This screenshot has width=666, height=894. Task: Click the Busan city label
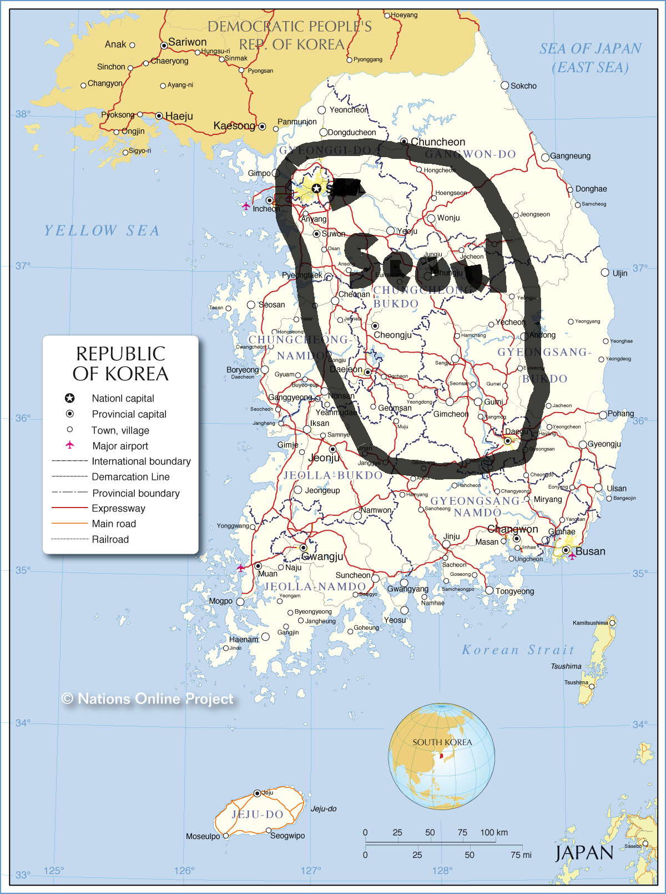click(590, 551)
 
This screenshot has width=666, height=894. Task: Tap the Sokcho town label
click(523, 86)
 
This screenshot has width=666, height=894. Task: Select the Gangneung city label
click(570, 156)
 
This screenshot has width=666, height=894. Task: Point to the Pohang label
click(620, 414)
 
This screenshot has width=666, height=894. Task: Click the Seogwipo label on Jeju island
click(287, 836)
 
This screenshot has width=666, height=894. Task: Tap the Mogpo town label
click(220, 601)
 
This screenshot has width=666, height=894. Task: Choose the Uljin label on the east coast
click(620, 273)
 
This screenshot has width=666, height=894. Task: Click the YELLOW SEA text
click(102, 230)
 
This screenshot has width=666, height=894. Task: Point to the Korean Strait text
click(518, 650)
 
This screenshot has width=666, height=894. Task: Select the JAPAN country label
click(584, 853)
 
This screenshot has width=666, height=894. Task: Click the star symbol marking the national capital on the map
click(316, 189)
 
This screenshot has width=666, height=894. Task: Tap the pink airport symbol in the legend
click(70, 445)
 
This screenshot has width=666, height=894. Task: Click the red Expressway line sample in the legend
click(69, 508)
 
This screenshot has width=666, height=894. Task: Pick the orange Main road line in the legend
click(69, 524)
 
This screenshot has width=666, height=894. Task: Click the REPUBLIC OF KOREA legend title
click(120, 364)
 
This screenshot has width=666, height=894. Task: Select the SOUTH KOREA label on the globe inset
click(442, 742)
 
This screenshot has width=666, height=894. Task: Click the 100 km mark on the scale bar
click(494, 832)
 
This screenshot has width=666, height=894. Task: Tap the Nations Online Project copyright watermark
click(148, 699)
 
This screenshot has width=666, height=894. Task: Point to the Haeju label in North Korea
click(179, 116)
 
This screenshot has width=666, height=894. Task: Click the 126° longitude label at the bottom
click(184, 871)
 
